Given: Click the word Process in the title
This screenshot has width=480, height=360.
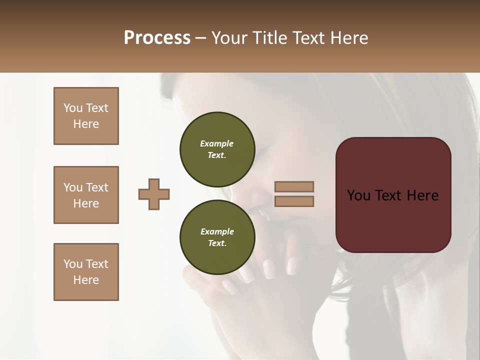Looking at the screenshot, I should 157,38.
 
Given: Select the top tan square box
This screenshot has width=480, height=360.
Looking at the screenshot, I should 86,116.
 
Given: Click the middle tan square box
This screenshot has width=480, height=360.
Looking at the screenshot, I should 86,195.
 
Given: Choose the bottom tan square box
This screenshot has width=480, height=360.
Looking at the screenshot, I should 86,272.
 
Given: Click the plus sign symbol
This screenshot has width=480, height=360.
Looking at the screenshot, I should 154,194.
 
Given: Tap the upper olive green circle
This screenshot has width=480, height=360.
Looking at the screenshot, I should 217,149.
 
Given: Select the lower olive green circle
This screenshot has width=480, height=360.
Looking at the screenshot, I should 217,237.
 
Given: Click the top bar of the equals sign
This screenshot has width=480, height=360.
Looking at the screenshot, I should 294,186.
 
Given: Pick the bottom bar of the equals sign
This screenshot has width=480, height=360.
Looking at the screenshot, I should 294,201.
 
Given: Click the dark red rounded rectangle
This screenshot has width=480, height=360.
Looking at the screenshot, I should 393,220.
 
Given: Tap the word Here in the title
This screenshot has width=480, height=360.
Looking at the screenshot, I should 348,38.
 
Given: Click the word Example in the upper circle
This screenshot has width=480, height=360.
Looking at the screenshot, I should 217,143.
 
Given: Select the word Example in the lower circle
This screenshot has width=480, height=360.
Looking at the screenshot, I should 217,231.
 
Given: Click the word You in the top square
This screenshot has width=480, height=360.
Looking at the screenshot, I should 73,108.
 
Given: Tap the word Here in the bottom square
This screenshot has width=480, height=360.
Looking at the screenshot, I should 86,280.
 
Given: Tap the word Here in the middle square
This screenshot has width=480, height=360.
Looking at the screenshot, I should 86,203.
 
